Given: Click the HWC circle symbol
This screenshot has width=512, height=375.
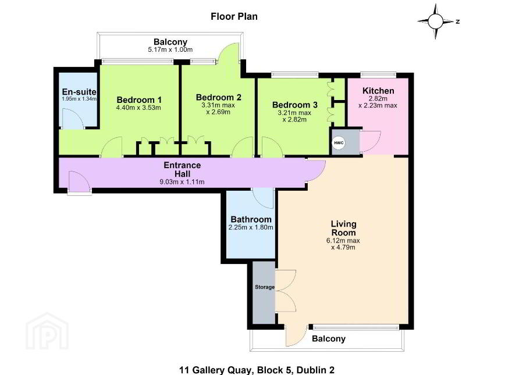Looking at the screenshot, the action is coord(338,142).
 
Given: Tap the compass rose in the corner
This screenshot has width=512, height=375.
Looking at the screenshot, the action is coord(435,22).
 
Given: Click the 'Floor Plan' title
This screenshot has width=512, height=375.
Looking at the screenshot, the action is coord(234,16).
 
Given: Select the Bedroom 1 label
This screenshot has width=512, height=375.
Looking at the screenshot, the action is coord(139,100).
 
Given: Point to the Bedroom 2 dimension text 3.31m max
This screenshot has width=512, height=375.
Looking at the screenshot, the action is coord(218,105).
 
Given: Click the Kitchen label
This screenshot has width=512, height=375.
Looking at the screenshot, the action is coord(378,91).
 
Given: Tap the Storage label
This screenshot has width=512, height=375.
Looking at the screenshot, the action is coord(265,287).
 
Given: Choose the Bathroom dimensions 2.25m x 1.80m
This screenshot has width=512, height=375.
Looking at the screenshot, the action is coord(251,227).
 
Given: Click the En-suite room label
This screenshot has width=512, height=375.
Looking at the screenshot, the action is coord(79,92).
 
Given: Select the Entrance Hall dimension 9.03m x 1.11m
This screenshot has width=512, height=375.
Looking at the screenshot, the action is coord(182,182).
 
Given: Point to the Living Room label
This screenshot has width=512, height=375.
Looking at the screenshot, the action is coord(343,228).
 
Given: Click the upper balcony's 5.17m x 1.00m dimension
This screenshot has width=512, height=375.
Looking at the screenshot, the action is coord(170,49).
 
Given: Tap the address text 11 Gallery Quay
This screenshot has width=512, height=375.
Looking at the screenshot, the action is coord(215,370).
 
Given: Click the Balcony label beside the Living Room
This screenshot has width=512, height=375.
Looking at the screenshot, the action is coord(329,339).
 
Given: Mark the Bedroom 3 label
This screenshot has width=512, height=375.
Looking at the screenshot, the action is coord(295,105).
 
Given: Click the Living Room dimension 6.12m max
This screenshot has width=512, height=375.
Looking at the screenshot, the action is coord(343,241).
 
